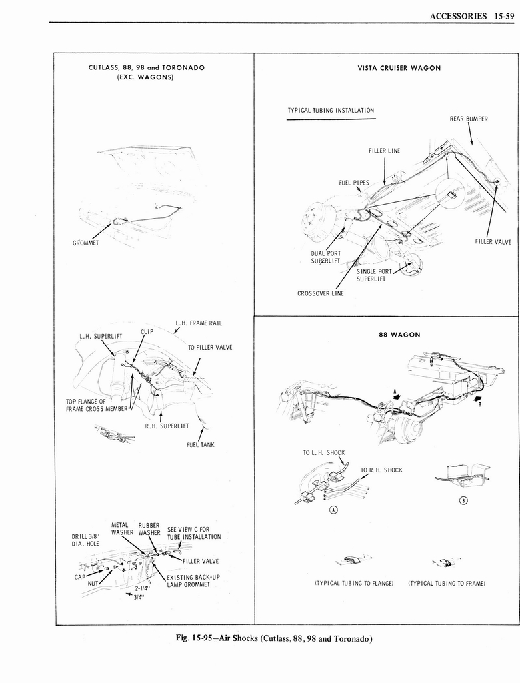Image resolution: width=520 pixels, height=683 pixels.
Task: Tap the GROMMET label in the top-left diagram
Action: click(85, 242)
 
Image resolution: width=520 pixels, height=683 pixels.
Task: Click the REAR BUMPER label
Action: click(469, 119)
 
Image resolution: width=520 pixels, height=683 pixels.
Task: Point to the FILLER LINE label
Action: click(384, 151)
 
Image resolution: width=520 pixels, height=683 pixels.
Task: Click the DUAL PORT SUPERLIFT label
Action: click(325, 257)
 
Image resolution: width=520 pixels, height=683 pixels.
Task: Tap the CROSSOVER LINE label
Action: click(320, 293)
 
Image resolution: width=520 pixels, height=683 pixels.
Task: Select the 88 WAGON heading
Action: click(399, 335)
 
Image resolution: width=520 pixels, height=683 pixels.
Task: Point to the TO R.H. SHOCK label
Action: click(381, 470)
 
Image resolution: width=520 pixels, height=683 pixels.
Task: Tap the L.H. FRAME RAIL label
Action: click(198, 323)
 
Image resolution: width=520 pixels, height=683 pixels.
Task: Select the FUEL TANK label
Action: click(199, 444)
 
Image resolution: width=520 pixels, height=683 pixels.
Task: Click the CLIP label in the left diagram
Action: click(147, 331)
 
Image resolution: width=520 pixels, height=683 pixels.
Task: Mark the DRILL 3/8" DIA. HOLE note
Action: click(85, 539)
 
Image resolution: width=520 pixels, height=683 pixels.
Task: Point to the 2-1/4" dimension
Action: click(142, 589)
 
